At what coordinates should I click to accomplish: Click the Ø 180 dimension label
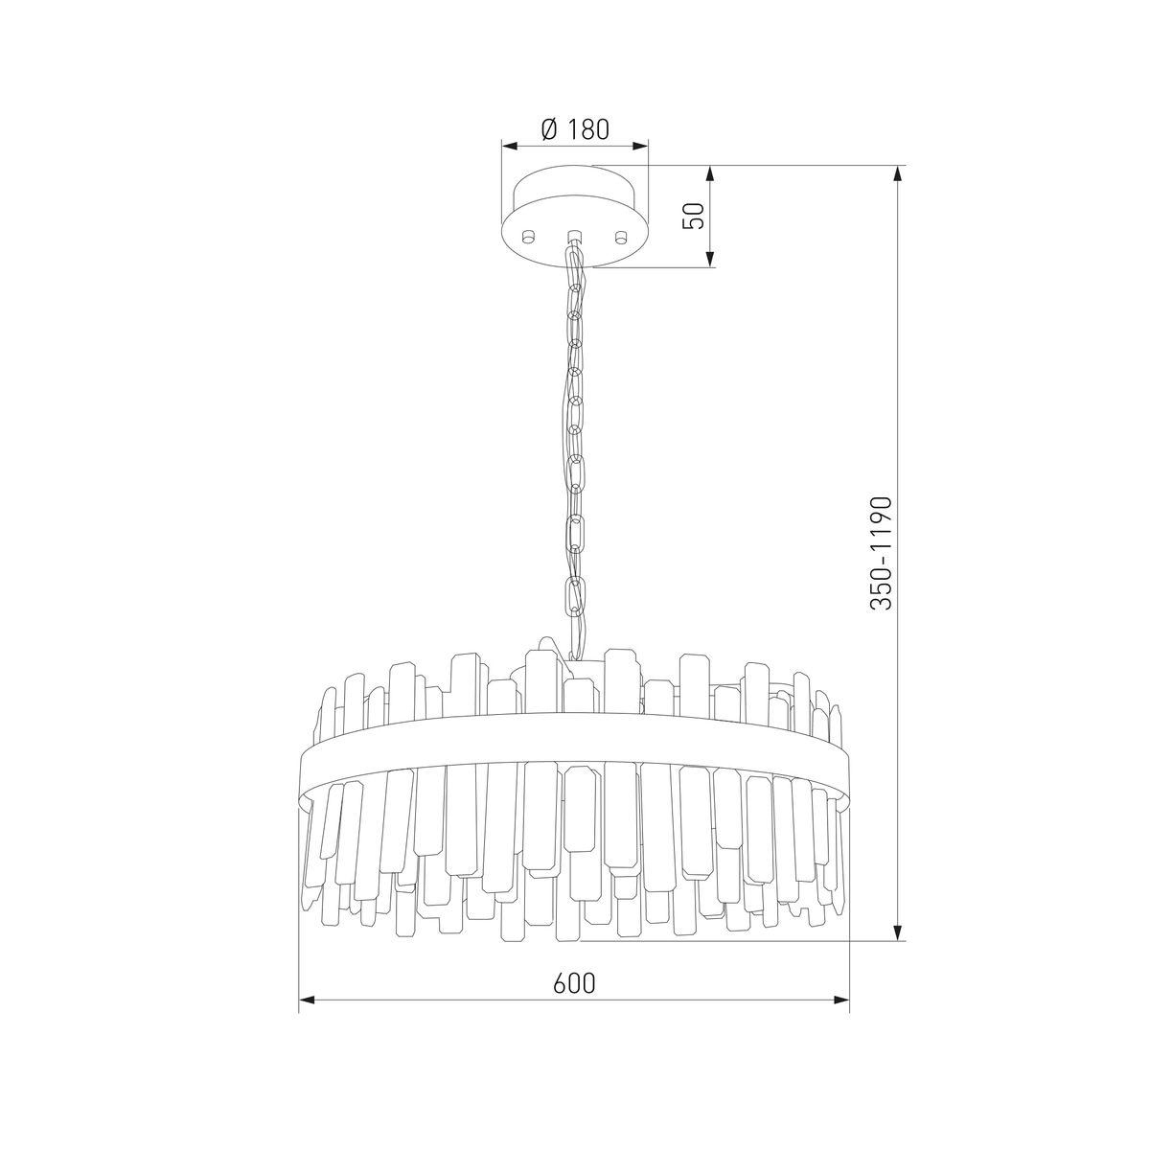pos(575,129)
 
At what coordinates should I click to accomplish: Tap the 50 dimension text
pos(694,216)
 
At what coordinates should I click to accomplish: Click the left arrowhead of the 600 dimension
pos(306,1011)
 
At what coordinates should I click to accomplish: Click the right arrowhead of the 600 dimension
pos(841,1011)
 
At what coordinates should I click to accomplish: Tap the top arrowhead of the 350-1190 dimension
pos(898,173)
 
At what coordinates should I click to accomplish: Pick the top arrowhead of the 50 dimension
pos(710,173)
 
